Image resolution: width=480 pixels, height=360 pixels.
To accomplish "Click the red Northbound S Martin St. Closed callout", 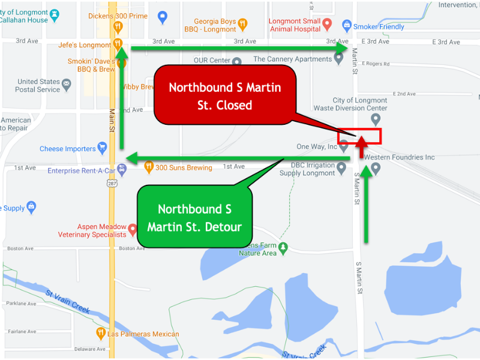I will point(225,96).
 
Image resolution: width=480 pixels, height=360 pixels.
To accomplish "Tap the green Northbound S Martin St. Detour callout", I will point(194,218).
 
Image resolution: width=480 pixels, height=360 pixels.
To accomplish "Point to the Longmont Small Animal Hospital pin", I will point(327,25).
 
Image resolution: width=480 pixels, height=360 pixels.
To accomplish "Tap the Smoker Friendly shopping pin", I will point(346,26).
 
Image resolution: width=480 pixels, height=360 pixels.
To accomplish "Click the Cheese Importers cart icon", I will point(102,148).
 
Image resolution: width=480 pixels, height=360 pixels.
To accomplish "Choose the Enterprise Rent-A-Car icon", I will point(122,170).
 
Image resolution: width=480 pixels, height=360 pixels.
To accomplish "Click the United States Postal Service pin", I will point(67,85).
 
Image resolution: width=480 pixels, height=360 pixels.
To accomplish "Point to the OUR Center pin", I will point(237,61).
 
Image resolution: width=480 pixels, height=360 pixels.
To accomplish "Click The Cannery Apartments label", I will point(292,59).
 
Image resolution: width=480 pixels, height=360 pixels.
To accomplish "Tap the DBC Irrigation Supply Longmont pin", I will point(342,170).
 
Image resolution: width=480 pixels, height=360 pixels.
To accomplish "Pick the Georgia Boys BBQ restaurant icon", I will point(242,25).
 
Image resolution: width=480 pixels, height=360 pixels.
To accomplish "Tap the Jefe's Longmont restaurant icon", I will point(118,44).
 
